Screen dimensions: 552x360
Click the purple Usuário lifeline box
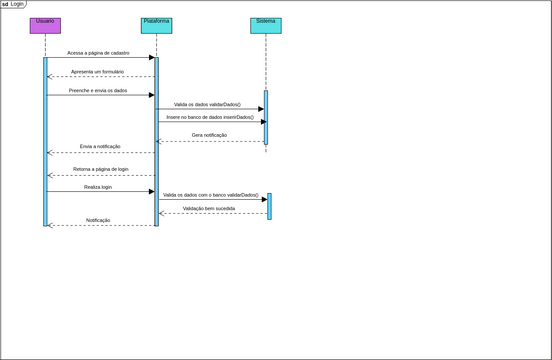point(45,26)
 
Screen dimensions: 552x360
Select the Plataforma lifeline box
point(156,26)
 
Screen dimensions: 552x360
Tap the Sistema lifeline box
point(265,26)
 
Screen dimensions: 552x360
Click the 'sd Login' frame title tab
point(13,4)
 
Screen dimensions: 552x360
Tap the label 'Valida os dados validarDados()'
point(208,104)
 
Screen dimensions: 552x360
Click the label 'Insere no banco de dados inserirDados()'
point(210,117)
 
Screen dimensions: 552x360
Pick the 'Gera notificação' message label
point(210,135)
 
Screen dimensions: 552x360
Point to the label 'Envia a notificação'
point(100,147)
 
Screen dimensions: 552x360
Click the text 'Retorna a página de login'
point(101,170)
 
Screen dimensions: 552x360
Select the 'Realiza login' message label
point(99,187)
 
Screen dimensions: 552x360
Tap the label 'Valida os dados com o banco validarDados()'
point(210,195)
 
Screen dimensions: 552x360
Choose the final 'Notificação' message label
point(98,220)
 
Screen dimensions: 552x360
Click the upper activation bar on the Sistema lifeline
point(265,117)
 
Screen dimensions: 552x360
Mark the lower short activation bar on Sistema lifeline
point(269,205)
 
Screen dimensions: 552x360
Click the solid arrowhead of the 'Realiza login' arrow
point(151,191)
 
